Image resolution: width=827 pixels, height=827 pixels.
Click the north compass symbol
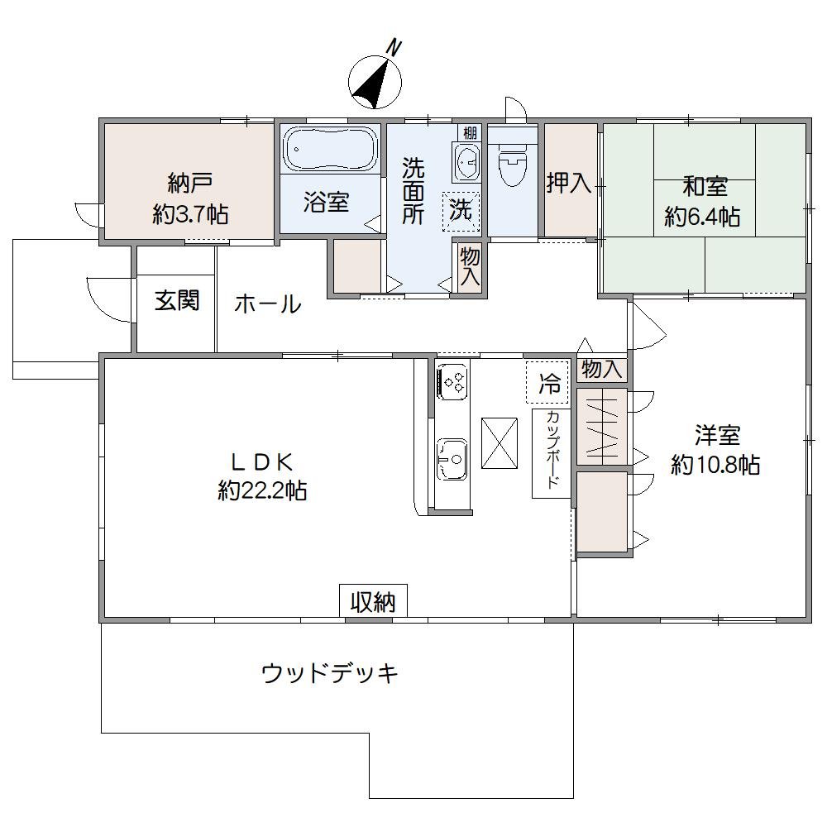point(376,80)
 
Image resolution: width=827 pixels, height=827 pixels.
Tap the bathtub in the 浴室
point(329,149)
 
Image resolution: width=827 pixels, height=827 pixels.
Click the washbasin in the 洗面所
point(466,160)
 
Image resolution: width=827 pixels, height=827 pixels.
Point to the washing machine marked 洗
point(461,210)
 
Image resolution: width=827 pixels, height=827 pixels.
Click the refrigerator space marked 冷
point(548,383)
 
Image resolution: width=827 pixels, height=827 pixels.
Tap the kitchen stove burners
point(453,380)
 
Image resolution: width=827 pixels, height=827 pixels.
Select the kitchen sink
point(452,458)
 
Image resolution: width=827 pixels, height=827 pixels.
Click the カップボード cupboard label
point(552,452)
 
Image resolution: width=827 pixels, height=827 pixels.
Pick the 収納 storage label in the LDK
point(372,601)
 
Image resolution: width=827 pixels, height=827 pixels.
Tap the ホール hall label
point(267,304)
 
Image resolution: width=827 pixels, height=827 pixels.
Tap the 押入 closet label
point(569,183)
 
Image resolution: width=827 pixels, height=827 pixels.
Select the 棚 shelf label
point(470,133)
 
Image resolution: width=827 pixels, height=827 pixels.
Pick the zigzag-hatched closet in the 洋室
point(601,425)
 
